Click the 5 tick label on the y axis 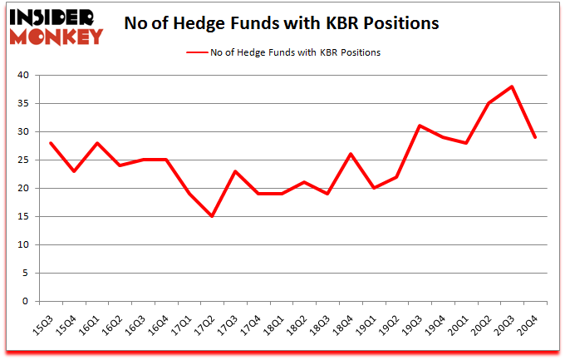(26, 274)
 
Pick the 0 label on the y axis (26, 302)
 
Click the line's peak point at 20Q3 (512, 86)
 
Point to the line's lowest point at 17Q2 (212, 216)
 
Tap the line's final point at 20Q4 (535, 137)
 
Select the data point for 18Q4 (351, 154)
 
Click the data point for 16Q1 (96, 143)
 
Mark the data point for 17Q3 (235, 171)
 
